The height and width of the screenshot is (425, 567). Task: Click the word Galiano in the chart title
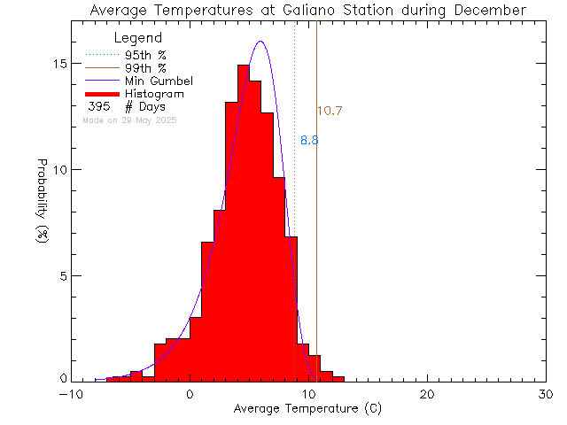click(x=318, y=10)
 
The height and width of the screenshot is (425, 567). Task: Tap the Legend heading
click(x=138, y=38)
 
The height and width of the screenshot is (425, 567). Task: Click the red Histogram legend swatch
click(x=104, y=94)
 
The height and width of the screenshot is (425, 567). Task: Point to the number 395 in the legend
click(x=98, y=106)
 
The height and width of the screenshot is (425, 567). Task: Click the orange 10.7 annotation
click(x=330, y=112)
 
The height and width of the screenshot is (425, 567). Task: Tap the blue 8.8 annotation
click(x=309, y=141)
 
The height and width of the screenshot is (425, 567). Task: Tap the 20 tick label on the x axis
click(x=427, y=395)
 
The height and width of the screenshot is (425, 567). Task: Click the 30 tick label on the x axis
click(x=546, y=395)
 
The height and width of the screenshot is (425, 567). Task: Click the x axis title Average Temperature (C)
click(x=308, y=409)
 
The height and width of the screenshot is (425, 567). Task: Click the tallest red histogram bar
click(x=243, y=221)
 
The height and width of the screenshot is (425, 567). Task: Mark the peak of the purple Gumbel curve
click(x=260, y=42)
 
